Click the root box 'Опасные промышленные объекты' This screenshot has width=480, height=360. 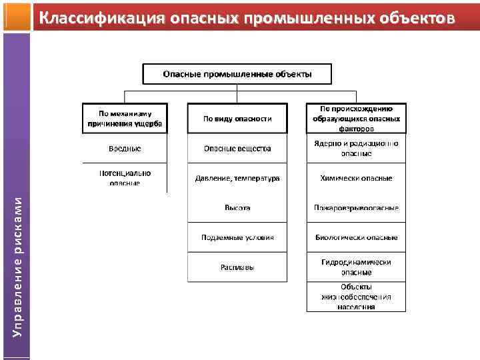coord(237,73)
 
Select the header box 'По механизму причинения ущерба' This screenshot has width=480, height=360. coord(125,118)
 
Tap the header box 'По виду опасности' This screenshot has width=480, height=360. coord(237,118)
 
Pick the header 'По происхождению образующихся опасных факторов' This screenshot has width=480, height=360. coord(356,118)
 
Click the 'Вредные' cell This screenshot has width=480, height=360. coord(125,148)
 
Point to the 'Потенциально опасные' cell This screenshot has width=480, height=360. coord(125,177)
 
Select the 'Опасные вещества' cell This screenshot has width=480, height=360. coord(237,148)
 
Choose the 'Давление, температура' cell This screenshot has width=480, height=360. coord(237,178)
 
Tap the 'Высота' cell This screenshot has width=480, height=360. coord(237,208)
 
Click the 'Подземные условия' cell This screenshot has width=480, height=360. coord(237,237)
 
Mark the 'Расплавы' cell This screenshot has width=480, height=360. coord(237,267)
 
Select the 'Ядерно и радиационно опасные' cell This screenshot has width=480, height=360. coord(356,148)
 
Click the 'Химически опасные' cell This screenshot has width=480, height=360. coord(356,178)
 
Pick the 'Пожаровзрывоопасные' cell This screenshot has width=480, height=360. coord(356,208)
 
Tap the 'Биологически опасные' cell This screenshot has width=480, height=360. coord(356,237)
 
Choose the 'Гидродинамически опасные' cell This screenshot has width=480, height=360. coord(356,267)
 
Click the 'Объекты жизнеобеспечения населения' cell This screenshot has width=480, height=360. coord(356,297)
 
